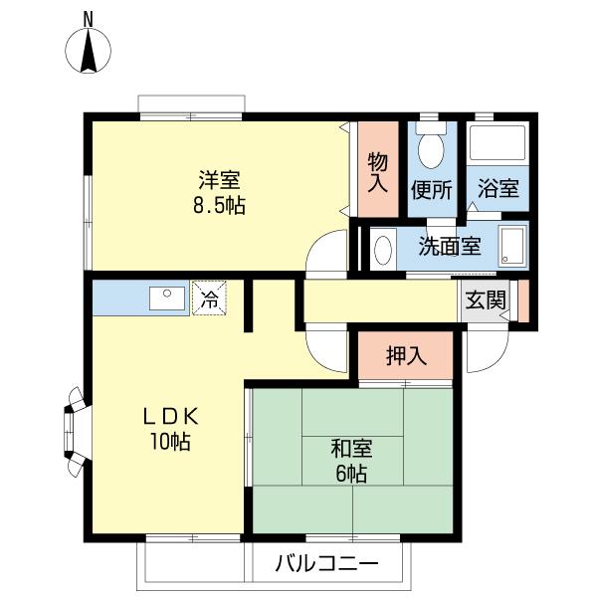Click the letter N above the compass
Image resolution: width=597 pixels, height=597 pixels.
click(89, 20)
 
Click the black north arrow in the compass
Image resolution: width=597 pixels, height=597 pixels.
click(89, 51)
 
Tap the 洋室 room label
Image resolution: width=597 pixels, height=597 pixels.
click(219, 180)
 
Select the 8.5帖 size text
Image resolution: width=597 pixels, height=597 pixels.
click(219, 206)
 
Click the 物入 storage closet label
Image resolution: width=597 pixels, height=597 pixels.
click(378, 172)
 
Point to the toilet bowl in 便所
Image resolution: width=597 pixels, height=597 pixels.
click(431, 149)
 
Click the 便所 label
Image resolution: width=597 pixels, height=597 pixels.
click(432, 189)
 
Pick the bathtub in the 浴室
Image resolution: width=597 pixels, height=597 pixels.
click(497, 142)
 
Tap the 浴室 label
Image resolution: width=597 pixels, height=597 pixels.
click(498, 188)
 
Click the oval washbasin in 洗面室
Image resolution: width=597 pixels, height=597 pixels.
click(383, 250)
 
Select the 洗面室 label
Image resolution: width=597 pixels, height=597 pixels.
click(450, 247)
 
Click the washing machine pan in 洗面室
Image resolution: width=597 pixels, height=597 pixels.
click(512, 247)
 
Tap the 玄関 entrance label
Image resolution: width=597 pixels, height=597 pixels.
click(486, 300)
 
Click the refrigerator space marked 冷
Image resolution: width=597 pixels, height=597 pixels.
click(209, 298)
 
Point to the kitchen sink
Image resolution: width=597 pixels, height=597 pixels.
click(167, 298)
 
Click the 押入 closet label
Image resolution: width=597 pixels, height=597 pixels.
click(406, 355)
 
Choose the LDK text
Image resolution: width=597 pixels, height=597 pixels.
click(170, 417)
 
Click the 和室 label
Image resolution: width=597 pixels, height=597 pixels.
click(351, 448)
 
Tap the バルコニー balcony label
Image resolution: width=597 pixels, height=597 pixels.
click(327, 563)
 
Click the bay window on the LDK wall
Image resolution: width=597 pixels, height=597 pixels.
click(74, 432)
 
